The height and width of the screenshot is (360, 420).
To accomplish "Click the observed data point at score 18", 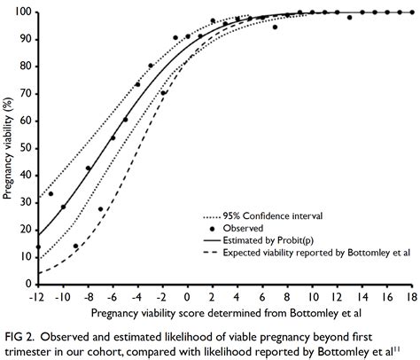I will (412, 12).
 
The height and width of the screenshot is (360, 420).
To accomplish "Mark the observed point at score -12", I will (37, 247).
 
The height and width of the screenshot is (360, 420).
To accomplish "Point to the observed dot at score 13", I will (349, 17).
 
